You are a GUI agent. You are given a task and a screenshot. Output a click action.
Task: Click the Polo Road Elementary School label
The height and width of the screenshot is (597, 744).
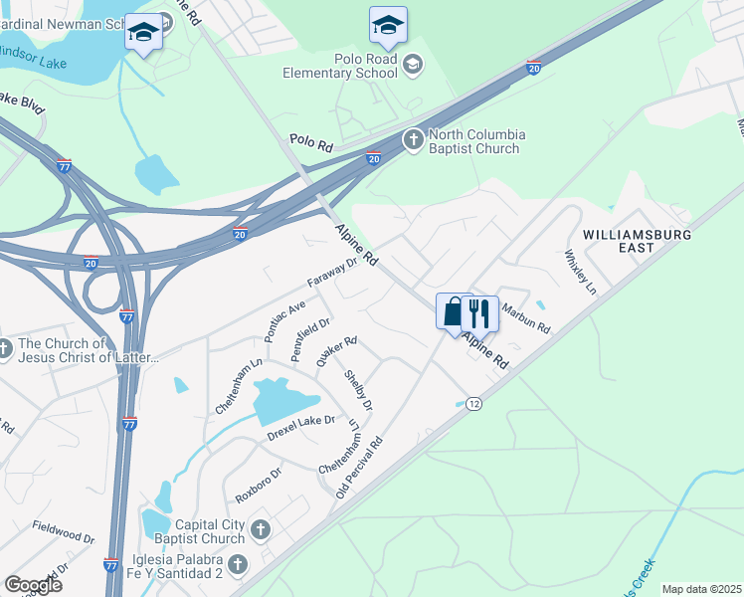(339, 66)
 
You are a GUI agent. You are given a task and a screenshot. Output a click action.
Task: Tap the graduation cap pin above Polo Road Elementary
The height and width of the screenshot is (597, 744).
(388, 26)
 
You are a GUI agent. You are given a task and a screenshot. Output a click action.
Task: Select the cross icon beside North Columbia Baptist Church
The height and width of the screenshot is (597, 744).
(414, 141)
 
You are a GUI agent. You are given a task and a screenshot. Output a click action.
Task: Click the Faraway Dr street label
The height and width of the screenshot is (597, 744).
(331, 274)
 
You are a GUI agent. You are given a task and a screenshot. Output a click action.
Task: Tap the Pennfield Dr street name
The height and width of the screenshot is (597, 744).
(309, 339)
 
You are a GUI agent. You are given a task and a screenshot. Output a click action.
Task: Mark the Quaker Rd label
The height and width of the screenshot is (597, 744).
(336, 351)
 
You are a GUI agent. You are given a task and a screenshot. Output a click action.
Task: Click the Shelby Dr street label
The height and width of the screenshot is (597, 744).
(358, 391)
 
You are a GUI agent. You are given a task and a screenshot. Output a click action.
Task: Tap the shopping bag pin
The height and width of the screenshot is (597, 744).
(454, 311)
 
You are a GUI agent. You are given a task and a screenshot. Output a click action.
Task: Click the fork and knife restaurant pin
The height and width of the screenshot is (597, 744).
(480, 313)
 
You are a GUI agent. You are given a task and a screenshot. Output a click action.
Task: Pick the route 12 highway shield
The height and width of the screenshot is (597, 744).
(473, 403)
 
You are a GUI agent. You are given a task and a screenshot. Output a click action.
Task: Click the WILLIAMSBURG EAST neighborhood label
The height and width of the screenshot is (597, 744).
(633, 240)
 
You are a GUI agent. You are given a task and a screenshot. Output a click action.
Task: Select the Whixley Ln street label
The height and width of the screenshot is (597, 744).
(580, 271)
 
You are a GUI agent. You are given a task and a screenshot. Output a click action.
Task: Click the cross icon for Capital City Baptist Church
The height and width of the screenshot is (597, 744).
(261, 528)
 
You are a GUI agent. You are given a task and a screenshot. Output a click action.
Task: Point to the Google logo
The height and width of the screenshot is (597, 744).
(34, 585)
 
